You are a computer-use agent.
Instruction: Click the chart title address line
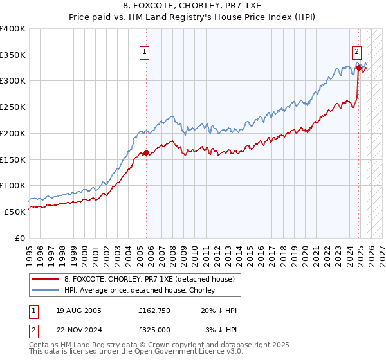pyautogui.click(x=192, y=6)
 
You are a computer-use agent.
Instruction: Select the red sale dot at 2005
pyautogui.click(x=146, y=152)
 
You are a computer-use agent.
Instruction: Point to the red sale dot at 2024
pyautogui.click(x=358, y=67)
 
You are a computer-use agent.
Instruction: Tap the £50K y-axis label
pyautogui.click(x=15, y=212)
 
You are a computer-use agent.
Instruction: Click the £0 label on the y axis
pyautogui.click(x=19, y=238)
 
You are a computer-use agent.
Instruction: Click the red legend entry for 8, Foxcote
pyautogui.click(x=152, y=278)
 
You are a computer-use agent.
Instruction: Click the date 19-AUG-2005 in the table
pyautogui.click(x=78, y=310)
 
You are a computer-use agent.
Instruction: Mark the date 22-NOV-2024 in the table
pyautogui.click(x=78, y=329)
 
